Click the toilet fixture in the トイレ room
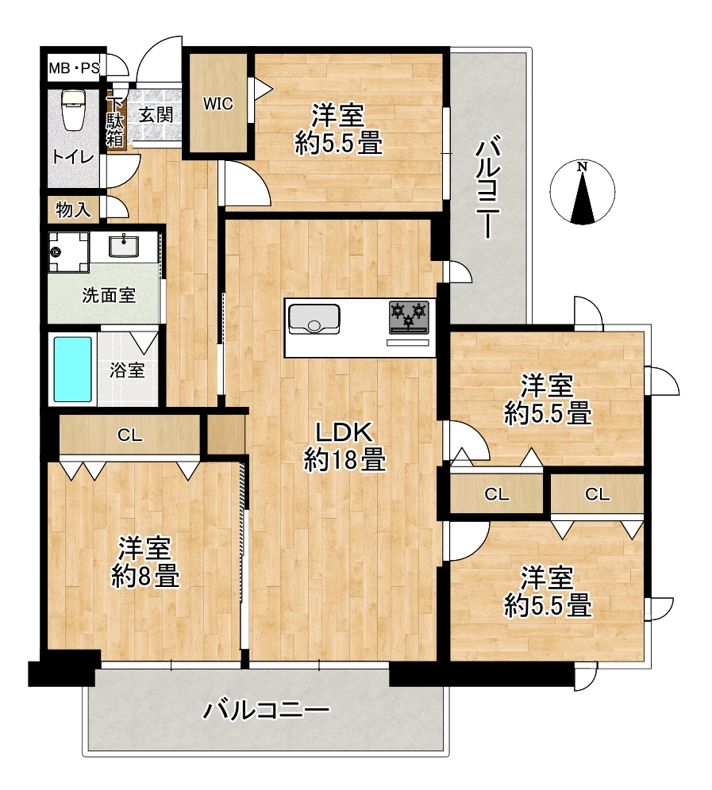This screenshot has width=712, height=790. point(72,110)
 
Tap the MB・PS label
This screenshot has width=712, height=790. point(74,68)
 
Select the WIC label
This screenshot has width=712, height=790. point(217,104)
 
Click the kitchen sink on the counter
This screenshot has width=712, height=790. point(314,319)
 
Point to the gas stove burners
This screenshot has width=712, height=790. point(409,316)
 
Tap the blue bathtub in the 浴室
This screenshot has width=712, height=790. point(72,370)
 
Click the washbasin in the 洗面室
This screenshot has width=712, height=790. point(122,247)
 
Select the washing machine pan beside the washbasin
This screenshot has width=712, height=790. point(69,252)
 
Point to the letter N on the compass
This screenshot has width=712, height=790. point(583,166)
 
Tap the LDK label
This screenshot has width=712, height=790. point(344,433)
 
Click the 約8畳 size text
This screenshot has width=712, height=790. point(145,576)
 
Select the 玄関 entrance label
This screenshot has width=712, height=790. point(156,115)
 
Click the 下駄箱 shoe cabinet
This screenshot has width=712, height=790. point(115,122)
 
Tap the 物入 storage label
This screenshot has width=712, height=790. point(73,209)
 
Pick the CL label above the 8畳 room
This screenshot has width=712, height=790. point(129,435)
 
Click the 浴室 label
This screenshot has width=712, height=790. point(128,371)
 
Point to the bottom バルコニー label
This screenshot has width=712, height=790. point(266,711)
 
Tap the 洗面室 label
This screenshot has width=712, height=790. point(109,295)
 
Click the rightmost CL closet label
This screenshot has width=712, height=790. point(598,494)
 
